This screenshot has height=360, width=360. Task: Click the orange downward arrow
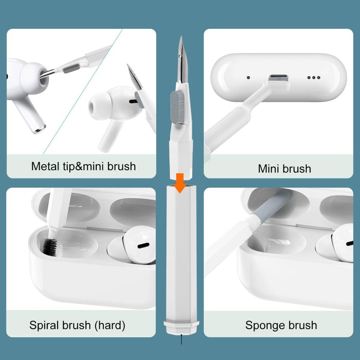179,183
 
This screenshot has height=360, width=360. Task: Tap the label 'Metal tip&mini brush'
83,166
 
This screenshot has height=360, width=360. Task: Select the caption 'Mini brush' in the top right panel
284,168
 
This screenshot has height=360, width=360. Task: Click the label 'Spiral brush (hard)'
77,325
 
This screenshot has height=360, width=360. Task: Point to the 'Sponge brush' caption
281,325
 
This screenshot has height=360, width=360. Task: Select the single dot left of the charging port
248,78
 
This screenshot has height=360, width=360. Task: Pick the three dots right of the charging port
313,78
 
